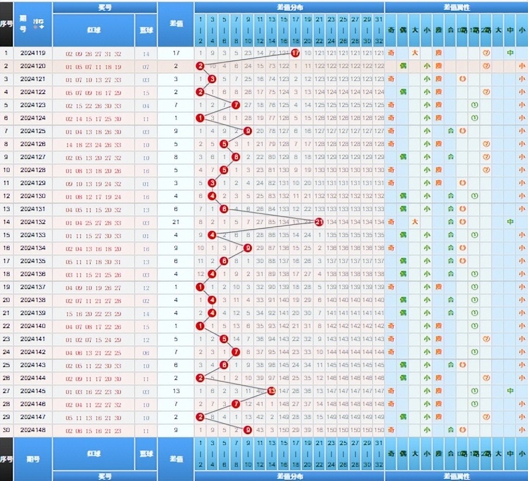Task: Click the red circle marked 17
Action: [x=295, y=53]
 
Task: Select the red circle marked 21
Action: [x=319, y=222]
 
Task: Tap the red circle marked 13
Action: [x=272, y=391]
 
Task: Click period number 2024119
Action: [x=33, y=54]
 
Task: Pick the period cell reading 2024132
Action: [x=33, y=222]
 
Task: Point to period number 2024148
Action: [x=33, y=430]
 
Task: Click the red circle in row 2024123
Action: [x=235, y=105]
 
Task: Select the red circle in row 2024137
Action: [x=200, y=287]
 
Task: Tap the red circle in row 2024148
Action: [x=248, y=430]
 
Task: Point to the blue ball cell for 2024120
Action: [x=146, y=67]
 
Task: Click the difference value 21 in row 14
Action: [x=176, y=222]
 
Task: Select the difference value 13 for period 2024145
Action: [x=176, y=391]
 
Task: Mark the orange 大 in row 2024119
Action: [x=414, y=53]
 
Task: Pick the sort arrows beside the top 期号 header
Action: [x=39, y=24]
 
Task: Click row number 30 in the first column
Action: [x=6, y=430]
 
